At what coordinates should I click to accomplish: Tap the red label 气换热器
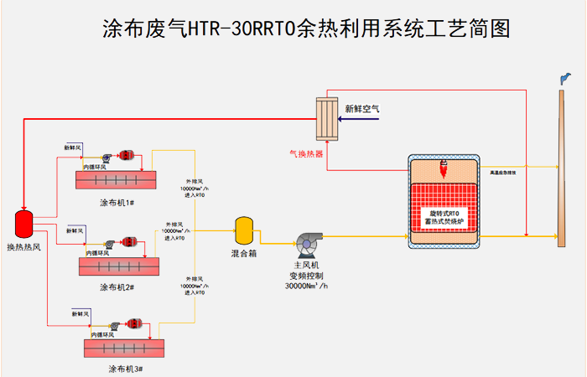point(306,153)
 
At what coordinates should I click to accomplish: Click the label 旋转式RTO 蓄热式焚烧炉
point(444,217)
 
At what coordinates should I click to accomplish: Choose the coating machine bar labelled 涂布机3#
point(126,347)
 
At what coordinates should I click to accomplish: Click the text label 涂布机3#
point(127,368)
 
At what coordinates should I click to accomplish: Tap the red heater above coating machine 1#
point(127,156)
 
